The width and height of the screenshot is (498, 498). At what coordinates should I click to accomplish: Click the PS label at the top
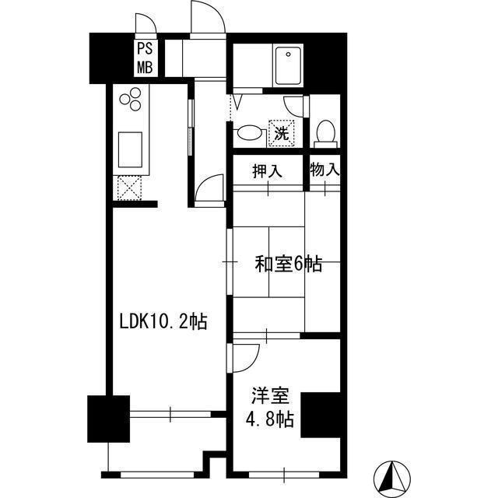(146, 49)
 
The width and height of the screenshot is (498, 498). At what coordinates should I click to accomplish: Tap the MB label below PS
(146, 66)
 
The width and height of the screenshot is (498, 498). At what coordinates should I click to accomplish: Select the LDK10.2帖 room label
(163, 321)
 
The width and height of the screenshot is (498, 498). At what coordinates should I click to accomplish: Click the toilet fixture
(325, 134)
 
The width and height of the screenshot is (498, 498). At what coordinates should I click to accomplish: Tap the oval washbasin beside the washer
(249, 133)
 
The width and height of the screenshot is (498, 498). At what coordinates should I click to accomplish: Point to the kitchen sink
(128, 146)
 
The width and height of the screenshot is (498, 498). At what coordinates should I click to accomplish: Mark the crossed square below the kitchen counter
(128, 188)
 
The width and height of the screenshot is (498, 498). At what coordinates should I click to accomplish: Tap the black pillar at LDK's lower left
(107, 421)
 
